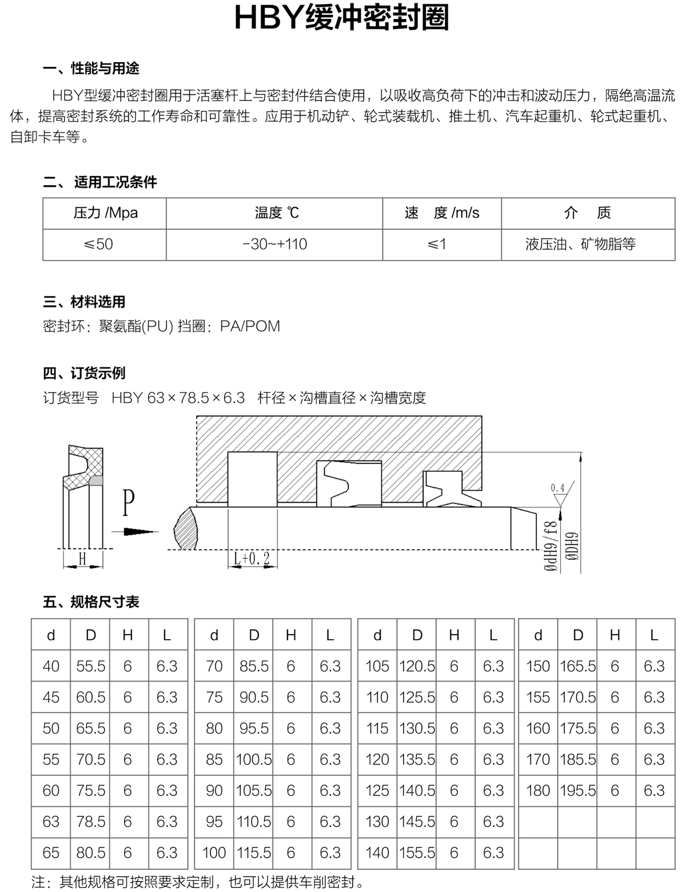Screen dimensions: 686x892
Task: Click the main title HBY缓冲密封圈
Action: [342, 18]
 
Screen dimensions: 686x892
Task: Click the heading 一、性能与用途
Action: [91, 68]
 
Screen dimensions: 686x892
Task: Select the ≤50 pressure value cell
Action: [98, 244]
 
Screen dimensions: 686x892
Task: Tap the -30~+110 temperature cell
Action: [274, 244]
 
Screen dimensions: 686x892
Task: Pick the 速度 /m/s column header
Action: [442, 213]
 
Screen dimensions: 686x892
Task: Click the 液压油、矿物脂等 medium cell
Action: [581, 244]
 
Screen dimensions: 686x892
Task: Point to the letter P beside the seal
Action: [129, 503]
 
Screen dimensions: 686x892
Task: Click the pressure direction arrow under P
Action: [135, 532]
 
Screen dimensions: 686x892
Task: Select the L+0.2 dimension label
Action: [252, 558]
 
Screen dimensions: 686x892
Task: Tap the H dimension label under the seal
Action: [82, 558]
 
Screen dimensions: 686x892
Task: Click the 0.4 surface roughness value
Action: [557, 488]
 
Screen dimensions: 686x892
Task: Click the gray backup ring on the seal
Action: [96, 481]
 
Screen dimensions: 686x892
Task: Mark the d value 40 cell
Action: [51, 666]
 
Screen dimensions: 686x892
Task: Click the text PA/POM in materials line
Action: [250, 326]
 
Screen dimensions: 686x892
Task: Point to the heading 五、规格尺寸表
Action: [91, 602]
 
